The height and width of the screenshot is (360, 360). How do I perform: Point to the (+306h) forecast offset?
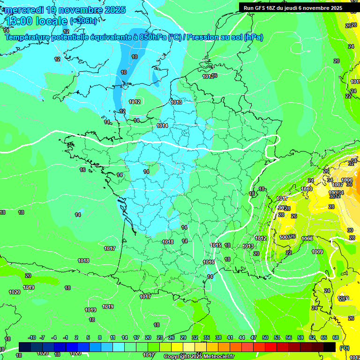click(x=83, y=21)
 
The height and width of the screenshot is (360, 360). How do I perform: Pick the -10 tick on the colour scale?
click(x=32, y=337)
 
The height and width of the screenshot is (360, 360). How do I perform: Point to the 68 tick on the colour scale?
click(x=336, y=337)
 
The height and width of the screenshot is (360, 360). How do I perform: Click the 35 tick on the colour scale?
click(x=207, y=337)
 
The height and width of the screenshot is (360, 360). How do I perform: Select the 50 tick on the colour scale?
click(x=265, y=337)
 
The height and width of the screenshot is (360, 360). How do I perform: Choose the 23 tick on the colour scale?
click(x=160, y=337)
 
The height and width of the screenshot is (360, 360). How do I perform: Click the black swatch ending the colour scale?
click(x=330, y=347)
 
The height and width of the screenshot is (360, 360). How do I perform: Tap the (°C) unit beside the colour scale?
click(x=344, y=347)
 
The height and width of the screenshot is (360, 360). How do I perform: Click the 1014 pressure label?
click(x=163, y=126)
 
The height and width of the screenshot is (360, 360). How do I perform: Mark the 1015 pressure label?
click(x=216, y=245)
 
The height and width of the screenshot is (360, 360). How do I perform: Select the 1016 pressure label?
click(x=209, y=262)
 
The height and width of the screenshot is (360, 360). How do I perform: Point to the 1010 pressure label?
click(x=307, y=189)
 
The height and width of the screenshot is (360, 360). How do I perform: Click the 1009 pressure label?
click(x=317, y=252)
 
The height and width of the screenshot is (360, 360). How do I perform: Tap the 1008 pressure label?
click(x=307, y=239)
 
